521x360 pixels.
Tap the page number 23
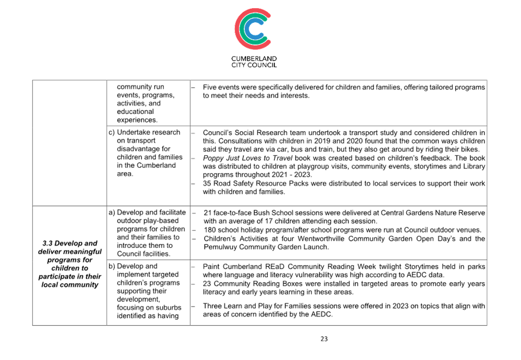324,339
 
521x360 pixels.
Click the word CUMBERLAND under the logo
254,58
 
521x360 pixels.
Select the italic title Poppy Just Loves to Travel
248,158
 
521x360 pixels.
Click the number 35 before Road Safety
207,183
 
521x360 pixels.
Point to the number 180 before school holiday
209,230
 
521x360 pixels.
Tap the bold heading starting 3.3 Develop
70,264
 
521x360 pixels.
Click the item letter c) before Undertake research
112,132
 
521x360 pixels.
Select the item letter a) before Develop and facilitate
112,212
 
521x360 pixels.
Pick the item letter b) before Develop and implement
112,266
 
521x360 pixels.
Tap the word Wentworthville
321,239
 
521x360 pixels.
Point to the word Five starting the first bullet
210,87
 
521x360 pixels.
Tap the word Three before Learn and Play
212,306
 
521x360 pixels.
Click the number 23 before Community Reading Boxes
207,284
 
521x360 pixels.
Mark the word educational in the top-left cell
135,111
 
